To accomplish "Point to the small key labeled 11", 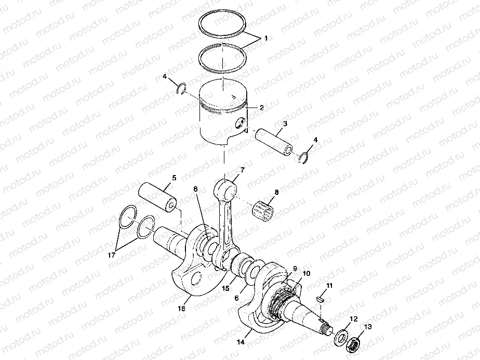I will (321, 299).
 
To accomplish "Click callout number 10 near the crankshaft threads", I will (306, 273).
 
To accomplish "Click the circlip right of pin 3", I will (306, 157).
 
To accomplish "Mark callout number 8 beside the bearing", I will (276, 192).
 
